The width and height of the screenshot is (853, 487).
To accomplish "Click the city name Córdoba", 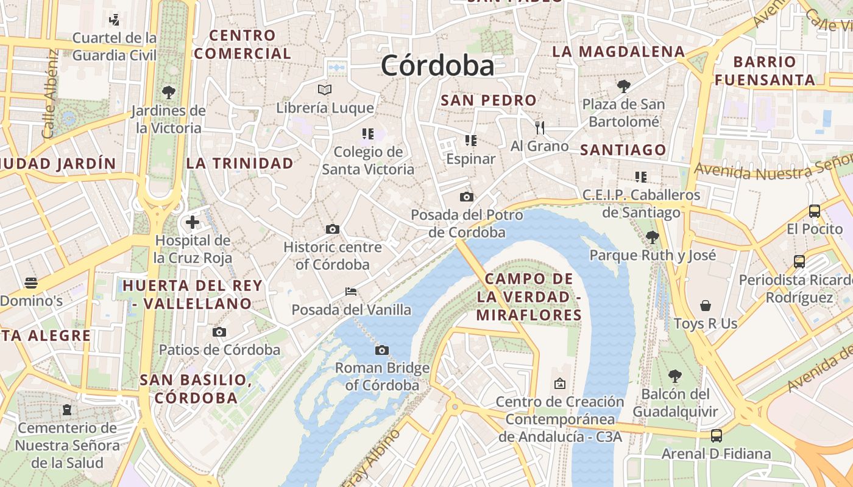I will [x=437, y=66].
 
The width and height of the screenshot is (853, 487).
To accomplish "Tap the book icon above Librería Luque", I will [x=325, y=90].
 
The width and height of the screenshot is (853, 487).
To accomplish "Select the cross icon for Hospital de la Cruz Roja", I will [x=193, y=222].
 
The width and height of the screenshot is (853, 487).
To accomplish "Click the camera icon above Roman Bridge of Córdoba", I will [x=382, y=350].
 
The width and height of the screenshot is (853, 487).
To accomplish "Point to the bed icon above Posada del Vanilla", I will [x=351, y=292].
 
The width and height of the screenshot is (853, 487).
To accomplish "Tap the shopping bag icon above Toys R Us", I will [x=706, y=305].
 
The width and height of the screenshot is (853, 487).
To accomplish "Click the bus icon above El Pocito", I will [x=815, y=211].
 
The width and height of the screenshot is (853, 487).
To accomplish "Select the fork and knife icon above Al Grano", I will [x=539, y=127].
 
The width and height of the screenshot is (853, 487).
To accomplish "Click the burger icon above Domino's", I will [x=31, y=282].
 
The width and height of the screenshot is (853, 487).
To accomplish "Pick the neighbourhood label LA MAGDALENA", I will [x=618, y=52].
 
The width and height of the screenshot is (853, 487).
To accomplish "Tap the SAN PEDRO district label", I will [x=489, y=100].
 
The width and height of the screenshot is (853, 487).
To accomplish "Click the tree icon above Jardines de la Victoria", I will [x=169, y=93].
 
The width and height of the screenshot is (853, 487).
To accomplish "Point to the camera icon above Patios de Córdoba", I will [x=219, y=332].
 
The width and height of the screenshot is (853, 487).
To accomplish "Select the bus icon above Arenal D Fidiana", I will [x=717, y=436].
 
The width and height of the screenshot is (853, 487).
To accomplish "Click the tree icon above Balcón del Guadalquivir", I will [x=674, y=376].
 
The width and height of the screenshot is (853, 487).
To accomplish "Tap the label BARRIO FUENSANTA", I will [x=765, y=71].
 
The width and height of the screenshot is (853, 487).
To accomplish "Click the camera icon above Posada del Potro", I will [x=467, y=197].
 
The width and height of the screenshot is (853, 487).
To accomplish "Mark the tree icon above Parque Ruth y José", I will [x=653, y=237].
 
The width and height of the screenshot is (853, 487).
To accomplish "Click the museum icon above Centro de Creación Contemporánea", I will [x=559, y=384].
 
